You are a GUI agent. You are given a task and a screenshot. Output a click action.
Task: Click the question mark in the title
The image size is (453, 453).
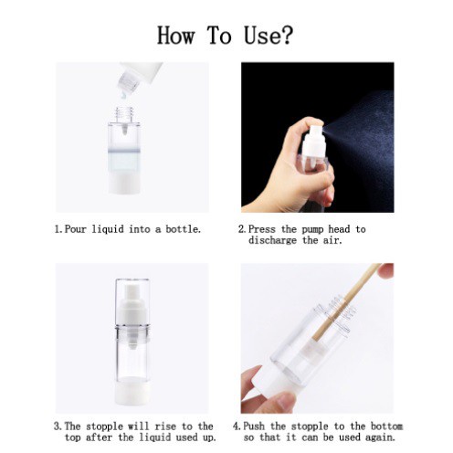pos(286,35)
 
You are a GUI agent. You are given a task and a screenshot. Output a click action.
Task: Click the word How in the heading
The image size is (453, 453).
pos(175,36)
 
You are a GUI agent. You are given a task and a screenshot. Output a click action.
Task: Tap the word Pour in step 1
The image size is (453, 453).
pos(76,229)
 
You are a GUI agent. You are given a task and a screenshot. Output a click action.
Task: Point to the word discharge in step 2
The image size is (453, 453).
pos(272,240)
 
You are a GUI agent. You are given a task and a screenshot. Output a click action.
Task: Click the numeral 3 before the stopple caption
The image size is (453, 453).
pos(57,427)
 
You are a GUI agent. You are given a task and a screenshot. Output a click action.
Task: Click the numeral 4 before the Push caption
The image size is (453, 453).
pos(237,427)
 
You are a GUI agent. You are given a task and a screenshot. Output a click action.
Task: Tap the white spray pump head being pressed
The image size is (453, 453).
pos(313,136)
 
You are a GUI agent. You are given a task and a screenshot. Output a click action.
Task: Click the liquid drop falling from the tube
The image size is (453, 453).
pos(124,96)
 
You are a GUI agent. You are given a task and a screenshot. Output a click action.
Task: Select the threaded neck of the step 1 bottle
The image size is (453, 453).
pos(124,114)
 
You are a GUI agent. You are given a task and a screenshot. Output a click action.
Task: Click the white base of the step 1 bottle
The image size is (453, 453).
pos(124,182)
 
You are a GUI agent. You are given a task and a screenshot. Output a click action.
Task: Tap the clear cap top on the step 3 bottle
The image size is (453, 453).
pos(132,303)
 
